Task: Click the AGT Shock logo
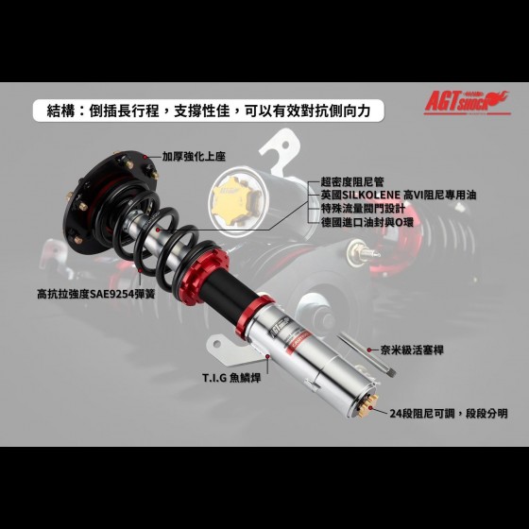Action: coord(468,103)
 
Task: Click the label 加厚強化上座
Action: coord(194,157)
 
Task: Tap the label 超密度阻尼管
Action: coord(352,182)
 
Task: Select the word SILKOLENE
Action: coord(371,196)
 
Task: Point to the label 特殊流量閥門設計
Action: coord(363,209)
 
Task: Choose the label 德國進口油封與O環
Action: coord(367,222)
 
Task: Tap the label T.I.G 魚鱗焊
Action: coord(231,378)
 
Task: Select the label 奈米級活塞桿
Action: coord(412,350)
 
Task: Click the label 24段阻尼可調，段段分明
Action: coord(449,414)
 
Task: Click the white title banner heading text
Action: coord(209,111)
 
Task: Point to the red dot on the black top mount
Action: coord(145,157)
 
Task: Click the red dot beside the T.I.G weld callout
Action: coord(268,356)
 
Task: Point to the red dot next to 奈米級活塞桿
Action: coord(369,350)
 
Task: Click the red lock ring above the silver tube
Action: coord(254,315)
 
